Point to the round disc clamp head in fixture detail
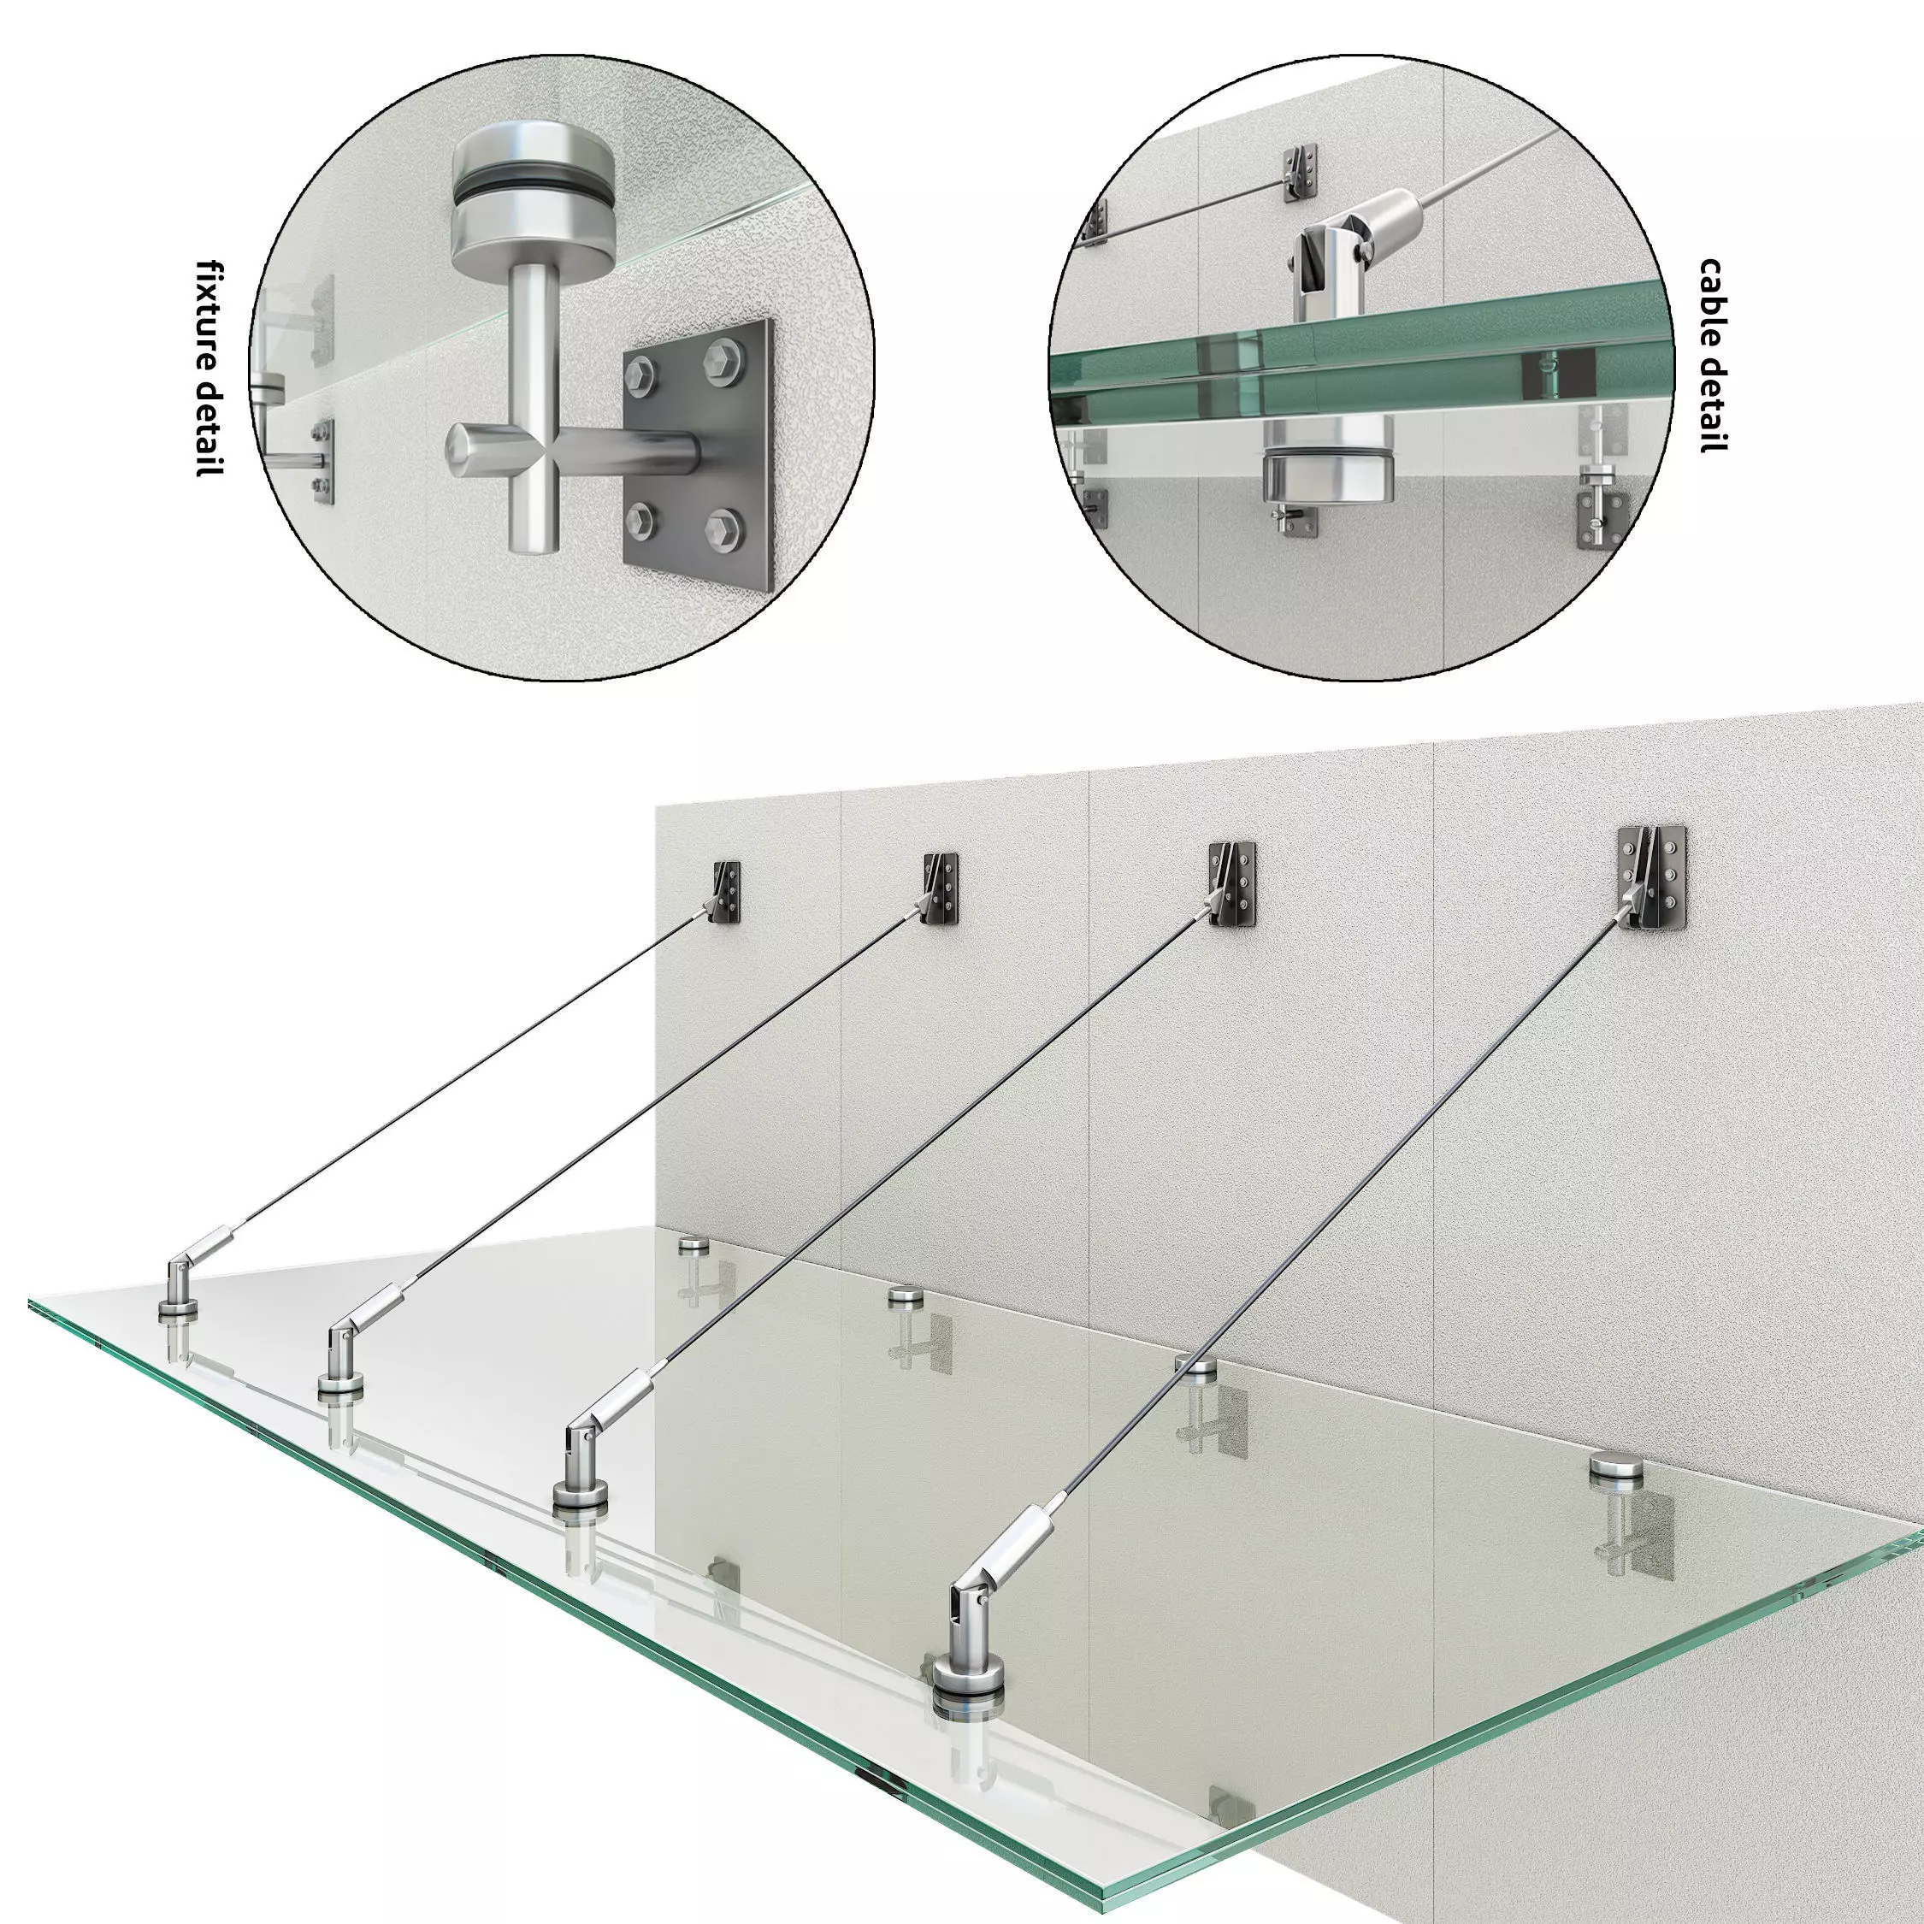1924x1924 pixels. click(x=533, y=199)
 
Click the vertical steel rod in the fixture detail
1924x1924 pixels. click(x=533, y=398)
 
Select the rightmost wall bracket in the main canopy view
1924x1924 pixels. click(x=1650, y=877)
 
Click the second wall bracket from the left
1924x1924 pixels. click(x=940, y=888)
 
